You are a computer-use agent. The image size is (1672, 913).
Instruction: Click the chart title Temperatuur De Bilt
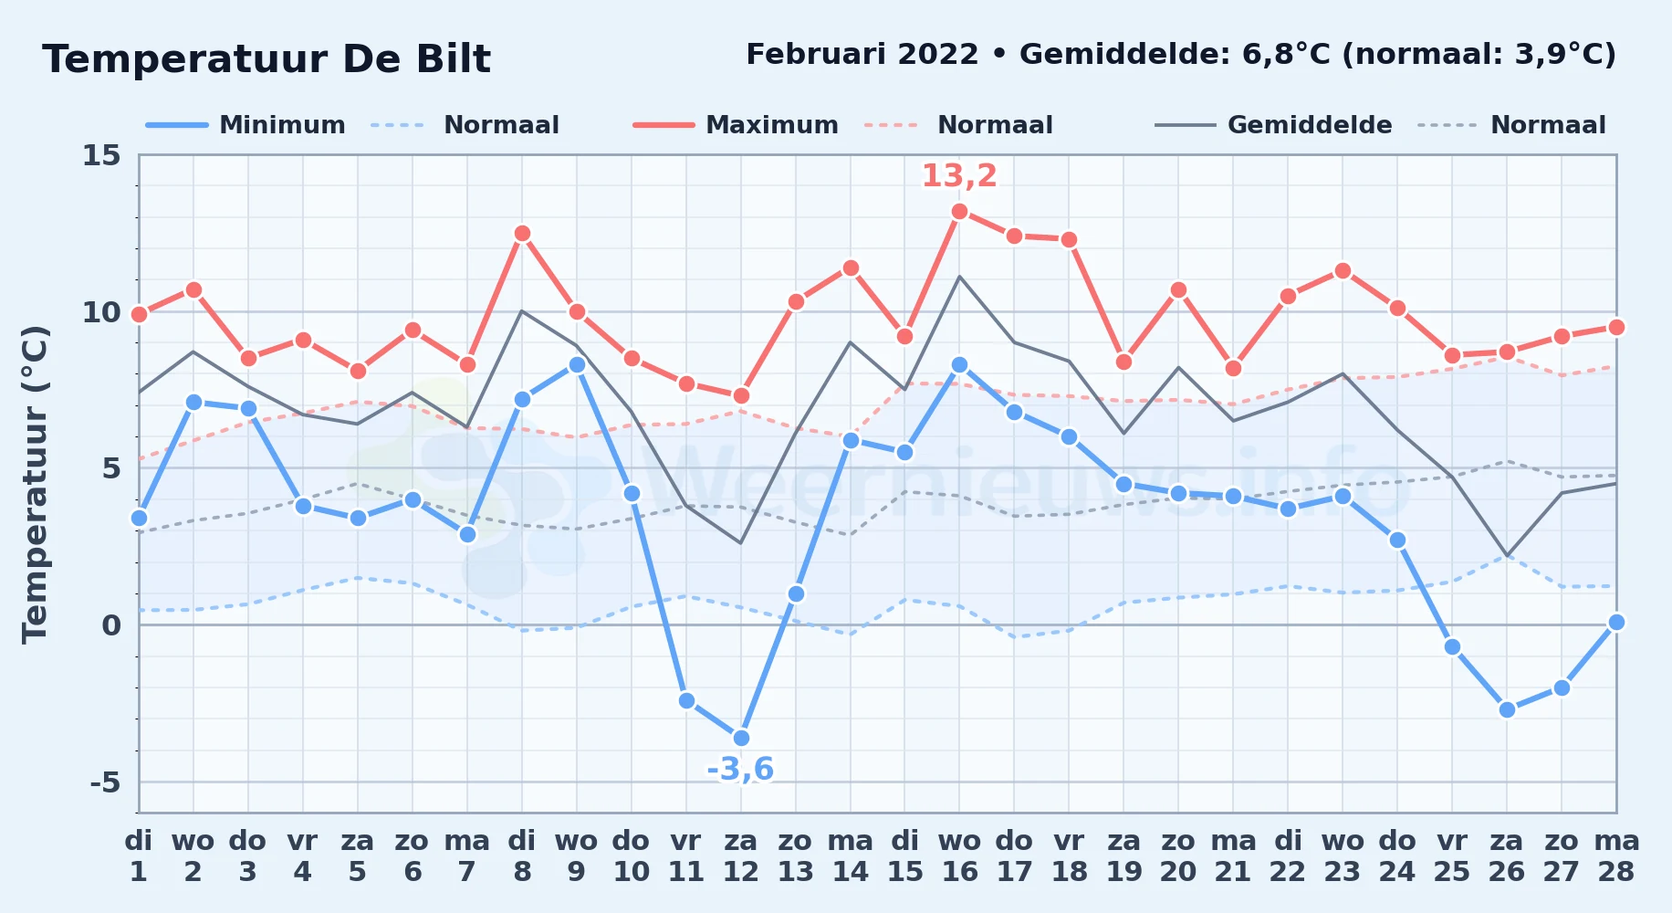(266, 59)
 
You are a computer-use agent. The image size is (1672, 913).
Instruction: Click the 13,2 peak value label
(959, 175)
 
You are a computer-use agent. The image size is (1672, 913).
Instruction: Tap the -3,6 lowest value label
(740, 769)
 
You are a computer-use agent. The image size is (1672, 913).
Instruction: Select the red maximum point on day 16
(959, 211)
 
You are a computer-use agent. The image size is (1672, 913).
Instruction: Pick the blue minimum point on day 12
(741, 738)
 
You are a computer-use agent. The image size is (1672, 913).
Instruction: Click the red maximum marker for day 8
(522, 233)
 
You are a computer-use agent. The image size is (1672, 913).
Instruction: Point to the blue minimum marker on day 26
(1507, 709)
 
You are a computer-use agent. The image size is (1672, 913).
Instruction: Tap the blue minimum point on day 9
(577, 364)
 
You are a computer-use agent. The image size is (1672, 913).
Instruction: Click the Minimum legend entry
(246, 125)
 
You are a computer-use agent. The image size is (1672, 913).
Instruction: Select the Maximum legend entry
(736, 125)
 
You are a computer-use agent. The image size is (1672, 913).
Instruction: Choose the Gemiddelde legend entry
(1274, 125)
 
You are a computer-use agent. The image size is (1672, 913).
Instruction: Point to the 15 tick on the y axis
(101, 155)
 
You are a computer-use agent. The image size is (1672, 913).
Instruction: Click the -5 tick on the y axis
(105, 782)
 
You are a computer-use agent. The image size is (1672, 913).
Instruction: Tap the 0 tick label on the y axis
(111, 625)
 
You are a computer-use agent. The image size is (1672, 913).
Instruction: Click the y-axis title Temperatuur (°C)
(35, 484)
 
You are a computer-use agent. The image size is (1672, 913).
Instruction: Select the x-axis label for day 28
(1616, 855)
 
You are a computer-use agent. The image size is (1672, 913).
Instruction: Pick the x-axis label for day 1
(139, 855)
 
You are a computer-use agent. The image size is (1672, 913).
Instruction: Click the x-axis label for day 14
(851, 855)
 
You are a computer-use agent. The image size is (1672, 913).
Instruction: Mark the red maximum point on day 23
(1343, 270)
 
